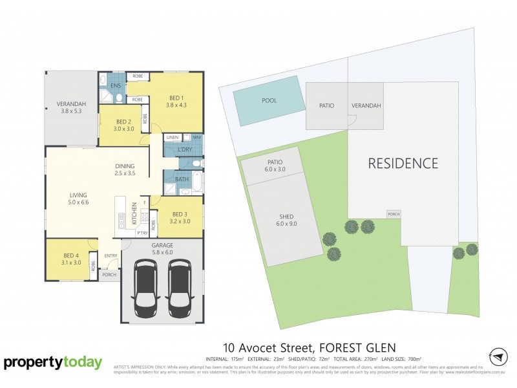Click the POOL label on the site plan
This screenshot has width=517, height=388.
269,101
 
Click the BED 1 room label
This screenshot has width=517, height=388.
176,100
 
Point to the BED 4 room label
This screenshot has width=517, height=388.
72,258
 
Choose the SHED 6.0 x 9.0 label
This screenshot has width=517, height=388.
286,221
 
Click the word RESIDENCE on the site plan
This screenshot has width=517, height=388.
403,164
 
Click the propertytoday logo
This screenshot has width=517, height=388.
53,363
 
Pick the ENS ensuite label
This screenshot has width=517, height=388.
116,85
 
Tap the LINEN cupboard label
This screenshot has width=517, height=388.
172,138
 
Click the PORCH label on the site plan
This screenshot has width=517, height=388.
393,214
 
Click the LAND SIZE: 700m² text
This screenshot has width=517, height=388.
401,358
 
